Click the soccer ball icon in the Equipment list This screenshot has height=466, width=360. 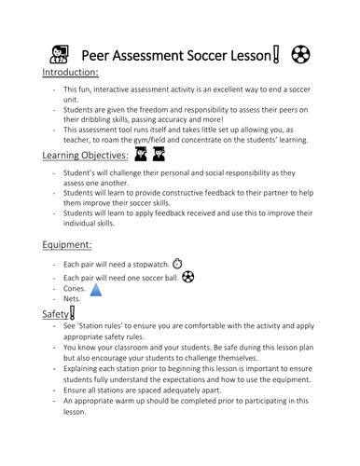187,277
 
